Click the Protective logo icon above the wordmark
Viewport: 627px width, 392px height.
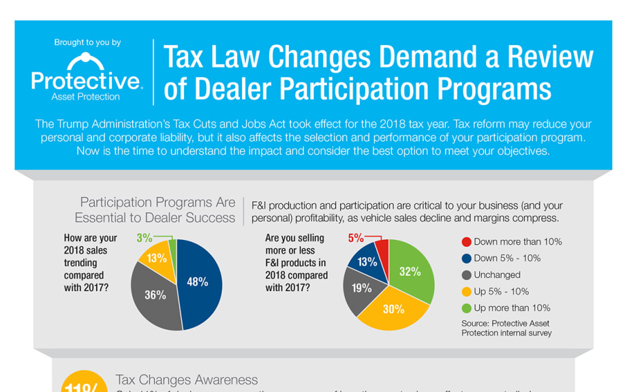coord(87,60)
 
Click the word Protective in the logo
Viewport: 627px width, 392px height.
coord(87,82)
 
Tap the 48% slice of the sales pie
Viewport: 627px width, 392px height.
coord(197,282)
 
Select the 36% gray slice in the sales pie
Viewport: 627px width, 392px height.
coord(155,295)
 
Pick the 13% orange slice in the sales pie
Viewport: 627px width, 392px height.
coord(156,258)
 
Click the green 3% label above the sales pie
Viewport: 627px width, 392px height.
coord(144,238)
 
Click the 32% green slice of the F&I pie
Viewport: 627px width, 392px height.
coord(410,271)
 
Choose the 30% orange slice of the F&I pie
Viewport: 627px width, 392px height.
coord(393,309)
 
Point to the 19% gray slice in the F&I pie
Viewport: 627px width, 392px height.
coord(361,288)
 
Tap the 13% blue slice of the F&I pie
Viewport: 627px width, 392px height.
coord(367,262)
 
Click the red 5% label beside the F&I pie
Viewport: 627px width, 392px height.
coord(356,238)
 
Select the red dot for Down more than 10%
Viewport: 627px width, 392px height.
coord(466,242)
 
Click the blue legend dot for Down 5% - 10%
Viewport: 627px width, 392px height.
coord(466,258)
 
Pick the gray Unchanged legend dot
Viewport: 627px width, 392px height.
coord(466,275)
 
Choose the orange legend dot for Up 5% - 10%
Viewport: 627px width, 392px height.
coord(466,292)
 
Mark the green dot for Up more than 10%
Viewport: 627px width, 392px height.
coord(466,308)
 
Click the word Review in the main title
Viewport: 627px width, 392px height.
coord(545,57)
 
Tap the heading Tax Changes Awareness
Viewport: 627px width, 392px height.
coord(187,380)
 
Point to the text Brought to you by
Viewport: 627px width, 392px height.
coord(87,42)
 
